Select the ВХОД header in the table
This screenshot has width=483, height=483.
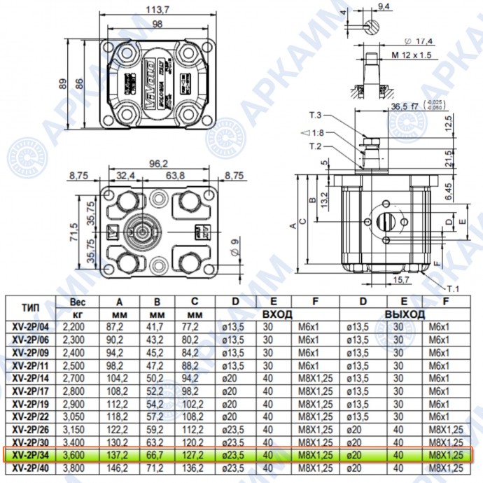point(278,314)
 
